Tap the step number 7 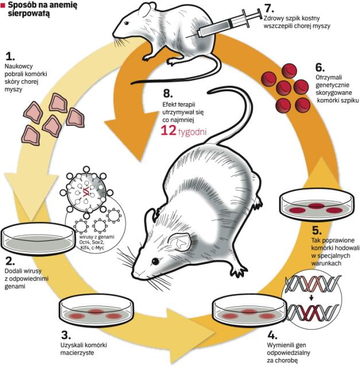pos(265,8)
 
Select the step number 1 pos(9,56)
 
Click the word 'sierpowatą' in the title pos(28,15)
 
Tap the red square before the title pos(4,6)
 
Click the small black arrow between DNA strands pos(311,297)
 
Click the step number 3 pos(65,335)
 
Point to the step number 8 pos(167,93)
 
